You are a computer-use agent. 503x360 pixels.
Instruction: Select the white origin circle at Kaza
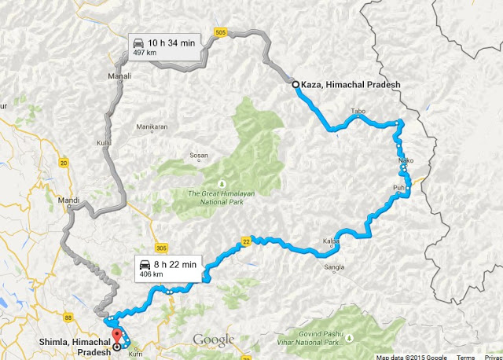[x=295, y=85]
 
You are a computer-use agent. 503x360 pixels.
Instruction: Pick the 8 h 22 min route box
[x=169, y=267]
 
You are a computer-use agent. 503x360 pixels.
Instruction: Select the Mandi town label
[x=68, y=200]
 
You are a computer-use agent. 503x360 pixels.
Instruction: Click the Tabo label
[x=358, y=111]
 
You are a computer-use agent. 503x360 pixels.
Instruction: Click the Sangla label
[x=335, y=267]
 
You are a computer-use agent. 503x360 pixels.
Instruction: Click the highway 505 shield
[x=220, y=32]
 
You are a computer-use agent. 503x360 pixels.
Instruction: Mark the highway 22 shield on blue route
[x=246, y=241]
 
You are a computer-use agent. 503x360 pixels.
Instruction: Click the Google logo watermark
[x=214, y=340]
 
